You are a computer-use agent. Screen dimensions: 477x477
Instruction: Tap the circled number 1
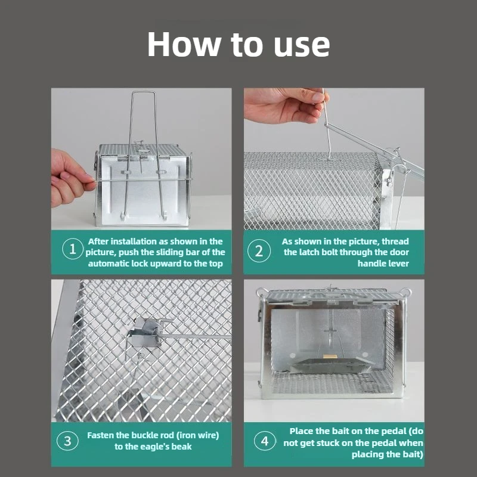[x=73, y=251]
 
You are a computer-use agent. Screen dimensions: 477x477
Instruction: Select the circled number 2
[x=259, y=251]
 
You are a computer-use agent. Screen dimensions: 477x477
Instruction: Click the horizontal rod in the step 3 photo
[x=197, y=337]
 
